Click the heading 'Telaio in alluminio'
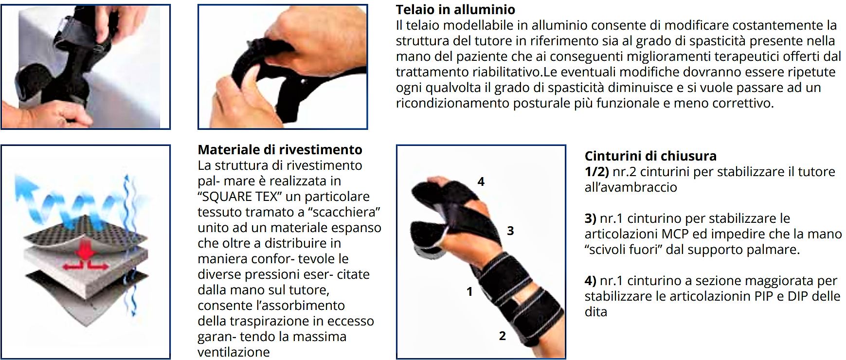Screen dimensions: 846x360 click(x=455, y=9)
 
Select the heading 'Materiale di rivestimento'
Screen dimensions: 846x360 click(x=280, y=149)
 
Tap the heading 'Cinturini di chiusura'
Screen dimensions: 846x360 click(x=650, y=156)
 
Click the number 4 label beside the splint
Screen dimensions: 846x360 click(x=481, y=181)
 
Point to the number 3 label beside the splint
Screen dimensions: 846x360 click(x=510, y=231)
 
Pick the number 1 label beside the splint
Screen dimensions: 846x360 click(x=469, y=291)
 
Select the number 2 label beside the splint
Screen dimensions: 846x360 click(x=502, y=336)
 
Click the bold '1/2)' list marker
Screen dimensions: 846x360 click(x=596, y=172)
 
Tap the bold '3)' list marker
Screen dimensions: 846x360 click(x=590, y=218)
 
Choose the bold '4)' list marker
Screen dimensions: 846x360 click(x=590, y=281)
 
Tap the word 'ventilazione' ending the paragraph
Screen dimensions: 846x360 click(x=234, y=352)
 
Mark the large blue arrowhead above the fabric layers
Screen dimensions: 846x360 click(x=23, y=188)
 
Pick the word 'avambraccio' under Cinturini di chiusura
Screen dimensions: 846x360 click(x=635, y=187)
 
